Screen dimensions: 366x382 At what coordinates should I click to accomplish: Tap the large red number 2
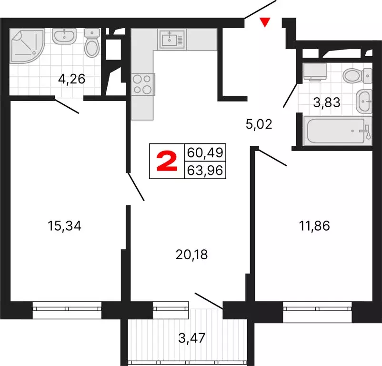click(x=167, y=162)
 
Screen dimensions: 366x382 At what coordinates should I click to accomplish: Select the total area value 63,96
click(x=205, y=170)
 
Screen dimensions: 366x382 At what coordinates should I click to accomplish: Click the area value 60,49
click(x=205, y=153)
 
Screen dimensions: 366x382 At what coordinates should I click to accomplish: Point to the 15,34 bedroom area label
click(x=65, y=226)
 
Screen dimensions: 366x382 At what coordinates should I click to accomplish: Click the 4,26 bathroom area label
click(x=71, y=78)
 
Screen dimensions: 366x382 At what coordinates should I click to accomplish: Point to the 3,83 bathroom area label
click(x=326, y=102)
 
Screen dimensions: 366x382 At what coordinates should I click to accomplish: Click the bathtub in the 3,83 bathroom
click(x=336, y=131)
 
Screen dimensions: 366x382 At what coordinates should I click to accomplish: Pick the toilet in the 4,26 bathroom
click(x=91, y=43)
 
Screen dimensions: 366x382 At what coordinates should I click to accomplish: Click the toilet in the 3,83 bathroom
click(x=356, y=75)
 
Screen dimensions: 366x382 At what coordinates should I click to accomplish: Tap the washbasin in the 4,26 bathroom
click(x=64, y=36)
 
